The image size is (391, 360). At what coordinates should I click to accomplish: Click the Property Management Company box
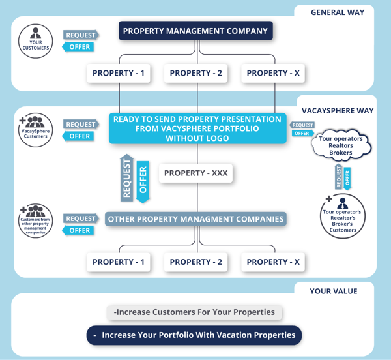click(195, 31)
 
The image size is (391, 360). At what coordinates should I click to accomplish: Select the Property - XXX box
click(195, 173)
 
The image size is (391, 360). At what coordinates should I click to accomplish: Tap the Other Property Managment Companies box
click(195, 219)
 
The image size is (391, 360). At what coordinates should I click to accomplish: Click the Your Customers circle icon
click(36, 39)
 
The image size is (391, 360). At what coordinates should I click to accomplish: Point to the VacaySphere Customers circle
click(36, 129)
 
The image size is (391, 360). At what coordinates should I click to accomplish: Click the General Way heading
click(337, 12)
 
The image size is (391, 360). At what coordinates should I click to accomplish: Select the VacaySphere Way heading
click(337, 110)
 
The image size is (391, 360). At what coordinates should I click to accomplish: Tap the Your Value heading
click(333, 291)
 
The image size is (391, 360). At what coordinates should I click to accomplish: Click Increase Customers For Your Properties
click(194, 312)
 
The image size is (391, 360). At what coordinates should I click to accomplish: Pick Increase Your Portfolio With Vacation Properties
click(194, 335)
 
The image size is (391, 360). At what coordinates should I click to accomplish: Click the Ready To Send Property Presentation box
click(197, 128)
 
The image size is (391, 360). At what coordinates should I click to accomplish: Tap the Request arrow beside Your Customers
click(80, 35)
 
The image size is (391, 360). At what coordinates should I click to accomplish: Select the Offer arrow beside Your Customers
click(80, 47)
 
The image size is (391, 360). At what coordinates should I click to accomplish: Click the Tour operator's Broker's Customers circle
click(343, 216)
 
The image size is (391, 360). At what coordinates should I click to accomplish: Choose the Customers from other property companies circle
click(36, 222)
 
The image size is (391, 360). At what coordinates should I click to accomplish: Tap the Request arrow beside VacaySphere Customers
click(80, 125)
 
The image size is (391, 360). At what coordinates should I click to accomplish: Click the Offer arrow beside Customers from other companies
click(80, 230)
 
